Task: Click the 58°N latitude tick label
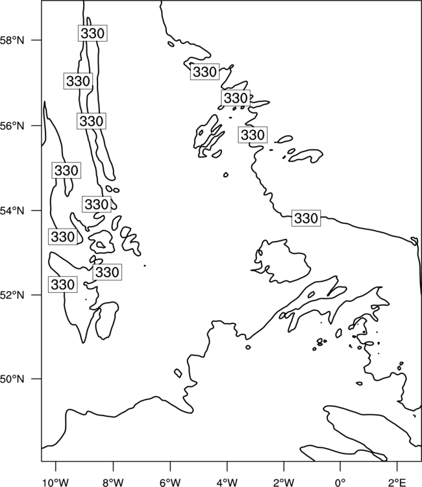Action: tap(12, 40)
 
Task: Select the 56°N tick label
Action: tap(12, 126)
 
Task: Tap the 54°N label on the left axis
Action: tap(12, 211)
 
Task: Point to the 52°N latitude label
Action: tap(12, 295)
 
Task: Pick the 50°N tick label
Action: tap(12, 379)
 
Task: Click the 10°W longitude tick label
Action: tap(56, 482)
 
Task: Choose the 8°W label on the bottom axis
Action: tap(113, 482)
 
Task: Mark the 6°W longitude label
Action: tap(170, 482)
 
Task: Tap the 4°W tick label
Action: tap(227, 482)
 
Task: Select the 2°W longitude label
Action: tap(284, 482)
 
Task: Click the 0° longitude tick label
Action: tap(340, 482)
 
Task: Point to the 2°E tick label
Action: tap(397, 482)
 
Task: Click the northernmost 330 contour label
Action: tap(93, 33)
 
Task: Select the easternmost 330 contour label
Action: tap(306, 218)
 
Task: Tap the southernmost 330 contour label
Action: tap(62, 284)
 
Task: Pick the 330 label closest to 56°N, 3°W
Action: tap(253, 135)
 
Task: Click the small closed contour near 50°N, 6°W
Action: tap(178, 373)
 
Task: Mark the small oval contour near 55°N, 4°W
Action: tap(226, 175)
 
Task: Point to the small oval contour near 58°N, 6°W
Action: tap(171, 44)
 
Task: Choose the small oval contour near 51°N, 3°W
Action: tap(248, 347)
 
